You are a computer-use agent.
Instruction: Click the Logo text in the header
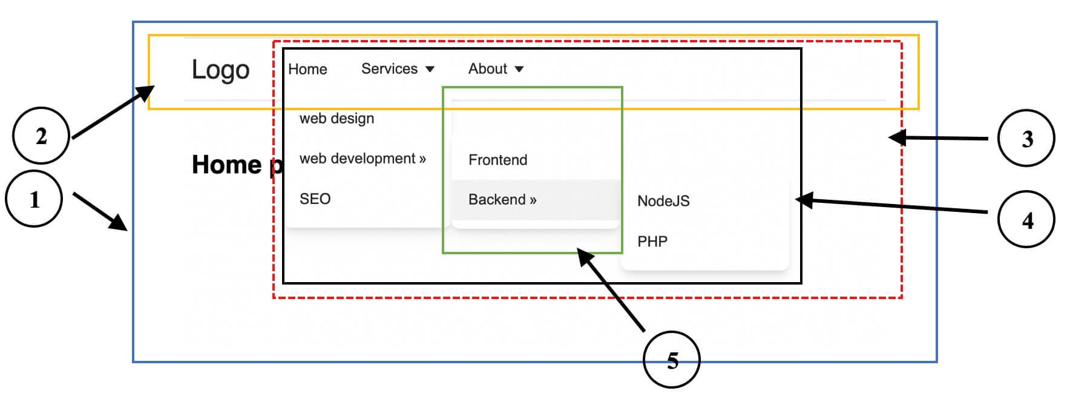tap(220, 70)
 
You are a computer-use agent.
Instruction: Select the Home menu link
tap(307, 69)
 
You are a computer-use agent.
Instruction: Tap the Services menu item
tap(389, 68)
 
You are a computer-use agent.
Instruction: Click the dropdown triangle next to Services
tap(430, 69)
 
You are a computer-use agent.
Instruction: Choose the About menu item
tap(487, 68)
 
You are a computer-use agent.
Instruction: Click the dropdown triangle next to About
tap(519, 69)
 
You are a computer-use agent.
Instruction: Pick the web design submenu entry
tap(336, 118)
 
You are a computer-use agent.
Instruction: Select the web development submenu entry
tap(362, 159)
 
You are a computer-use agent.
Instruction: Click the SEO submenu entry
tap(315, 199)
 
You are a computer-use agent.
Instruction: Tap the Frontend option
tap(497, 160)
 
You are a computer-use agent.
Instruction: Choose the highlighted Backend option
tap(502, 200)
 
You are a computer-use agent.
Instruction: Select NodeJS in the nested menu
tap(663, 201)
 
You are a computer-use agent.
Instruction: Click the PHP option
tap(652, 242)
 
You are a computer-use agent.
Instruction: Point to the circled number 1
tap(34, 199)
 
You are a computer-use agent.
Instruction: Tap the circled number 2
tap(41, 136)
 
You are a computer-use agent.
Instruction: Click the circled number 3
tap(1026, 139)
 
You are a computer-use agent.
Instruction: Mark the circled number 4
tap(1026, 219)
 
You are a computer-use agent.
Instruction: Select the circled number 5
tap(672, 360)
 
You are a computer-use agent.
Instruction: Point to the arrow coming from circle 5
tap(611, 291)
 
